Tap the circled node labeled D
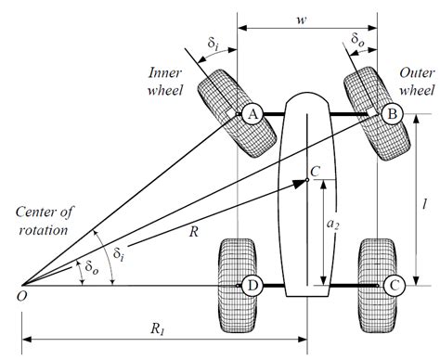(x=251, y=285)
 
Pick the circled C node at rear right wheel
(x=393, y=285)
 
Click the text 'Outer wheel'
(x=417, y=81)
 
